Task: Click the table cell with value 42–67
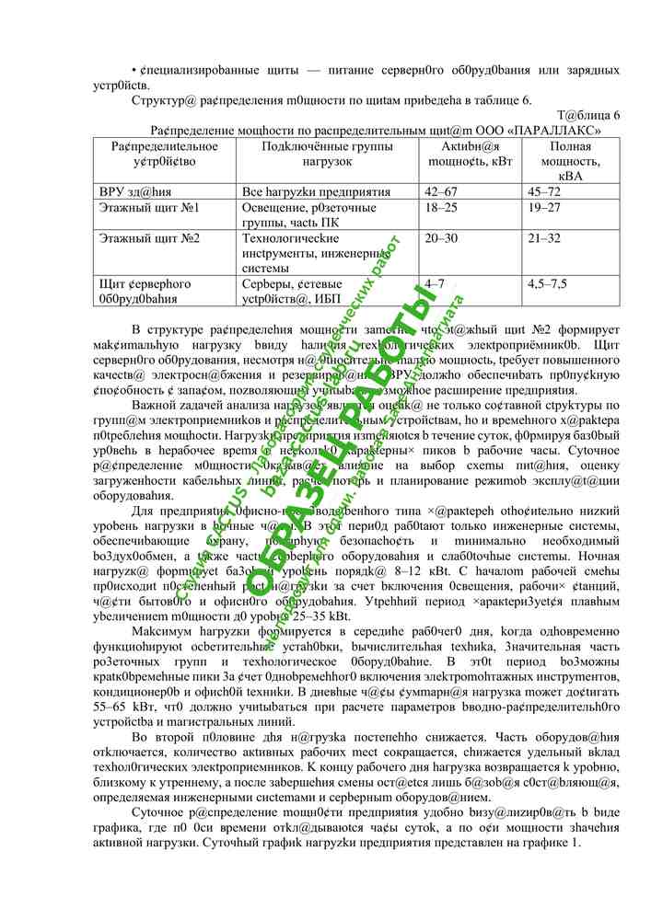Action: coord(438,191)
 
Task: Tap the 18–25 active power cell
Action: coord(438,208)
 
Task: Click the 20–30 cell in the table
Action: coord(439,238)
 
